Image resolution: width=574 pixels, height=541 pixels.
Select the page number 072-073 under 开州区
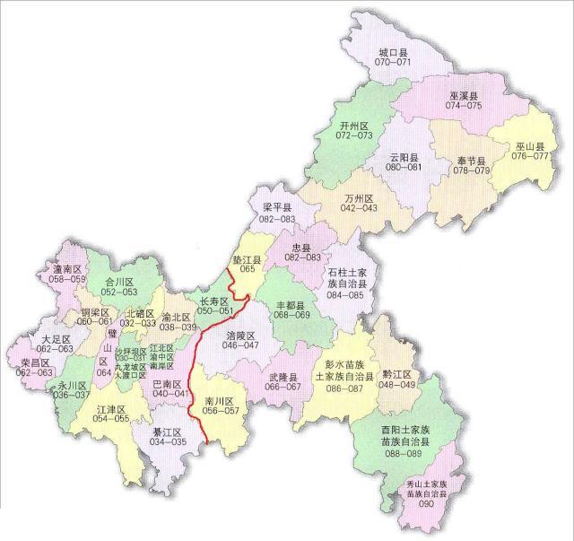pyautogui.click(x=354, y=135)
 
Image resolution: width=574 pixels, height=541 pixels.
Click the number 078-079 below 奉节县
pyautogui.click(x=471, y=170)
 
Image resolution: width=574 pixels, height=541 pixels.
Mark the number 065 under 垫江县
pyautogui.click(x=247, y=268)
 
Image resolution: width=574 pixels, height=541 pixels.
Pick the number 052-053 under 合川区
pyautogui.click(x=119, y=292)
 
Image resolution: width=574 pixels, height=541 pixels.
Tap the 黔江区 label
pyautogui.click(x=396, y=374)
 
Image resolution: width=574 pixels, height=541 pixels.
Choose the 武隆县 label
pyautogui.click(x=283, y=378)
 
